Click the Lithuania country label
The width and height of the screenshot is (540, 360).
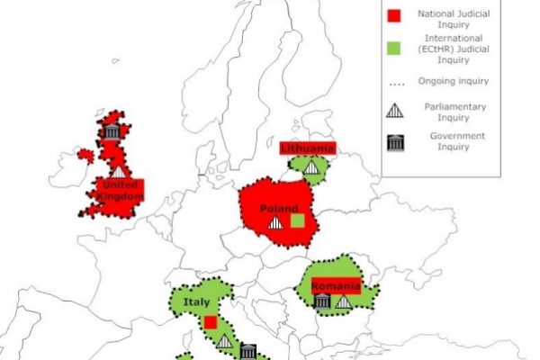click(x=308, y=148)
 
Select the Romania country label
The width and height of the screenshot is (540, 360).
click(x=335, y=286)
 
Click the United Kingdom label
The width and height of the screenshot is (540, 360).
click(x=121, y=191)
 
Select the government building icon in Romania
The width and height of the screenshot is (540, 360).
click(x=322, y=301)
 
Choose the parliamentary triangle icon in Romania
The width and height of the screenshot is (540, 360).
click(x=343, y=301)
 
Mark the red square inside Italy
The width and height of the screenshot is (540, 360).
click(x=210, y=321)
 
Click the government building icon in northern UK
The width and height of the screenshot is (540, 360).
click(x=111, y=132)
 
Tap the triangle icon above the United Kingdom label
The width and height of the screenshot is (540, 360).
click(x=119, y=170)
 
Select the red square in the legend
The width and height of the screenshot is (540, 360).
click(x=392, y=14)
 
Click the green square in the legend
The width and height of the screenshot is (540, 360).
click(x=392, y=45)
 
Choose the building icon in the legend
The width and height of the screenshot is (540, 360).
click(x=393, y=142)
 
